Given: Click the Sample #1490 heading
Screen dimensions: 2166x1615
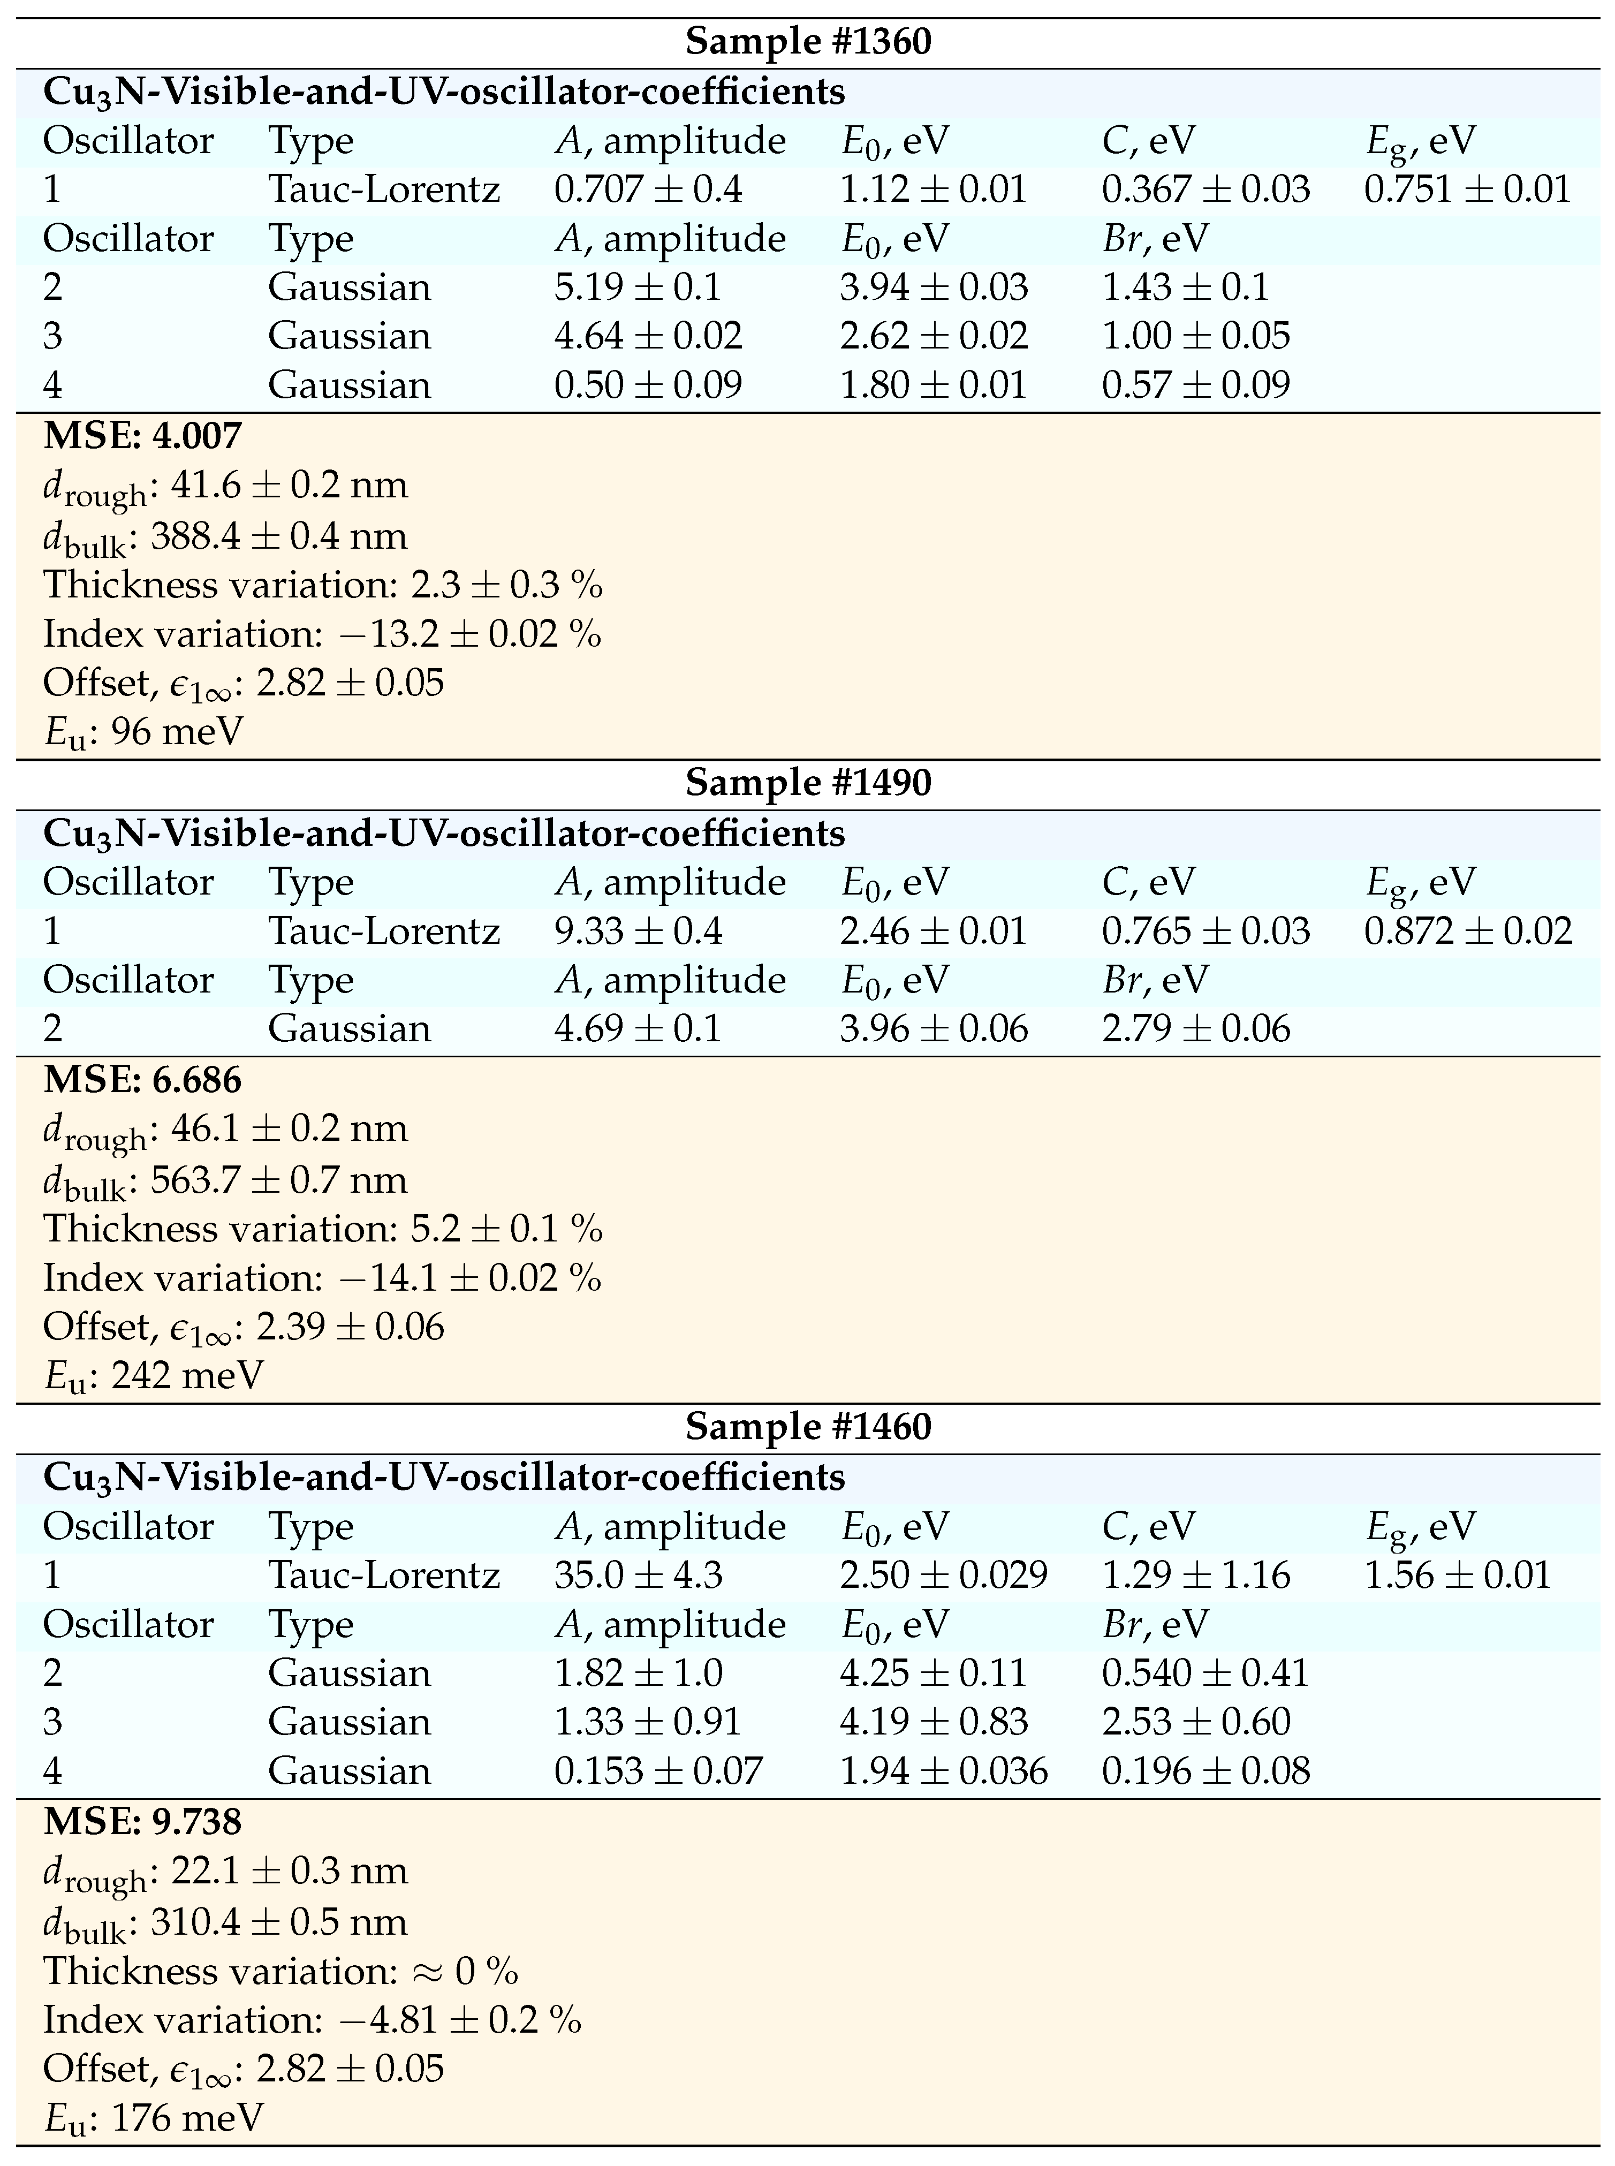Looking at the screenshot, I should [x=807, y=783].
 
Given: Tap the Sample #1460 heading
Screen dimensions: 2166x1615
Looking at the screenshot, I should [x=807, y=1427].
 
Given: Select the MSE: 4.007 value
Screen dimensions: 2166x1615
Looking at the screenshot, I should [x=143, y=436].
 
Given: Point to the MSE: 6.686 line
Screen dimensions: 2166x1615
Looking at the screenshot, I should [x=143, y=1080].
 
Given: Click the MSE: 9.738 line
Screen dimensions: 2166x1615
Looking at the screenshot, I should [x=143, y=1822].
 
